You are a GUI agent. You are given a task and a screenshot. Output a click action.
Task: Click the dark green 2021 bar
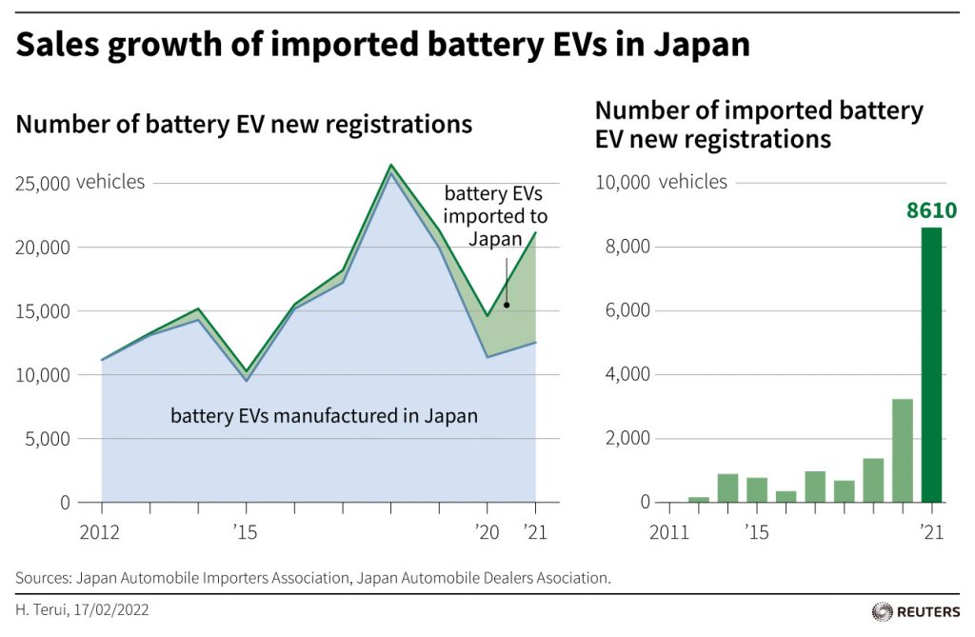click(932, 367)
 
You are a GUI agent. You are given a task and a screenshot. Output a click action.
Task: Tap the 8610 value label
click(931, 210)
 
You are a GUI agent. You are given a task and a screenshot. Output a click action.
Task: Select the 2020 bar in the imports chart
click(902, 450)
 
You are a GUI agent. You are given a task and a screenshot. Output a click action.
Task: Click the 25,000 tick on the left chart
click(42, 183)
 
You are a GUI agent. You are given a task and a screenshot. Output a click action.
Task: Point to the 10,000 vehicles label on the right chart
click(661, 182)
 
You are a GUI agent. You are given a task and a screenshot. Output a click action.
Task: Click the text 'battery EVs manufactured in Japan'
click(324, 416)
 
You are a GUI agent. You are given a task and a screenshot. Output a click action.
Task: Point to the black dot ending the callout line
click(507, 305)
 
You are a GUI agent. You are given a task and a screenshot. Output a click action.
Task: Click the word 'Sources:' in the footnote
click(42, 578)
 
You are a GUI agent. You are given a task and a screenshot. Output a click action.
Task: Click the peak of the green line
click(390, 166)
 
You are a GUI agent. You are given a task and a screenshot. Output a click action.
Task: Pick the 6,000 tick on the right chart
click(625, 310)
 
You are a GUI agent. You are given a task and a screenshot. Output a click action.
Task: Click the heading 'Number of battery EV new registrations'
click(244, 124)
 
